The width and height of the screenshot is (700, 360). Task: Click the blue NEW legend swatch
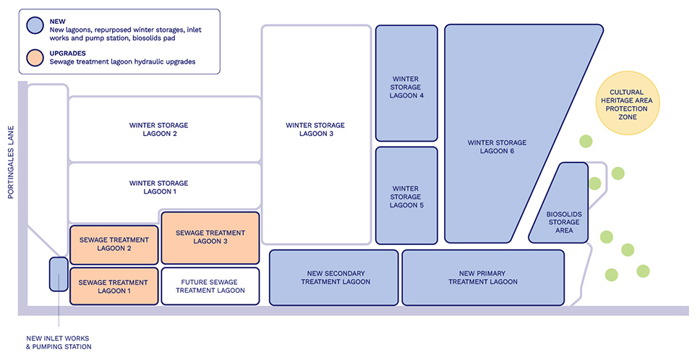tap(35, 25)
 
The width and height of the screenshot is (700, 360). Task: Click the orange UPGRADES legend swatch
tap(35, 57)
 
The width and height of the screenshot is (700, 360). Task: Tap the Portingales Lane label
tap(11, 164)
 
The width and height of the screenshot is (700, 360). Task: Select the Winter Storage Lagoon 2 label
tap(158, 129)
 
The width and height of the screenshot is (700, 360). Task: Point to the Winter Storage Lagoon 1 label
tap(158, 187)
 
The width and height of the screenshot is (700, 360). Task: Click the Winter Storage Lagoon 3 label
tap(315, 129)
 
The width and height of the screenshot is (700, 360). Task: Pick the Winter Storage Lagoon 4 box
tap(406, 83)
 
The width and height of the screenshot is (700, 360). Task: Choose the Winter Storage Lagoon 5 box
tap(406, 195)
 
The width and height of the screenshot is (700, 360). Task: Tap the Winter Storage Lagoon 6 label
tap(497, 147)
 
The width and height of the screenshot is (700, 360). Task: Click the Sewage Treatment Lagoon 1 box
tap(114, 286)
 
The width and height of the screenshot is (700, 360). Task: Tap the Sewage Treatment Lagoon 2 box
tap(114, 244)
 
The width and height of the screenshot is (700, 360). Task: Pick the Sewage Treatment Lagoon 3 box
tap(210, 237)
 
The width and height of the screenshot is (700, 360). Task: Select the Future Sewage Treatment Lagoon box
tap(210, 286)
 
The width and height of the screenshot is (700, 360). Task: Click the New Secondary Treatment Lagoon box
tap(333, 277)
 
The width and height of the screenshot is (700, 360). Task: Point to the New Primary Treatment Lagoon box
tap(482, 277)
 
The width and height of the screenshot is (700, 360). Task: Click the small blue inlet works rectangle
tap(59, 274)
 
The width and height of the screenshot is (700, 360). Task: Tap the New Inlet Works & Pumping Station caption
tap(59, 342)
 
